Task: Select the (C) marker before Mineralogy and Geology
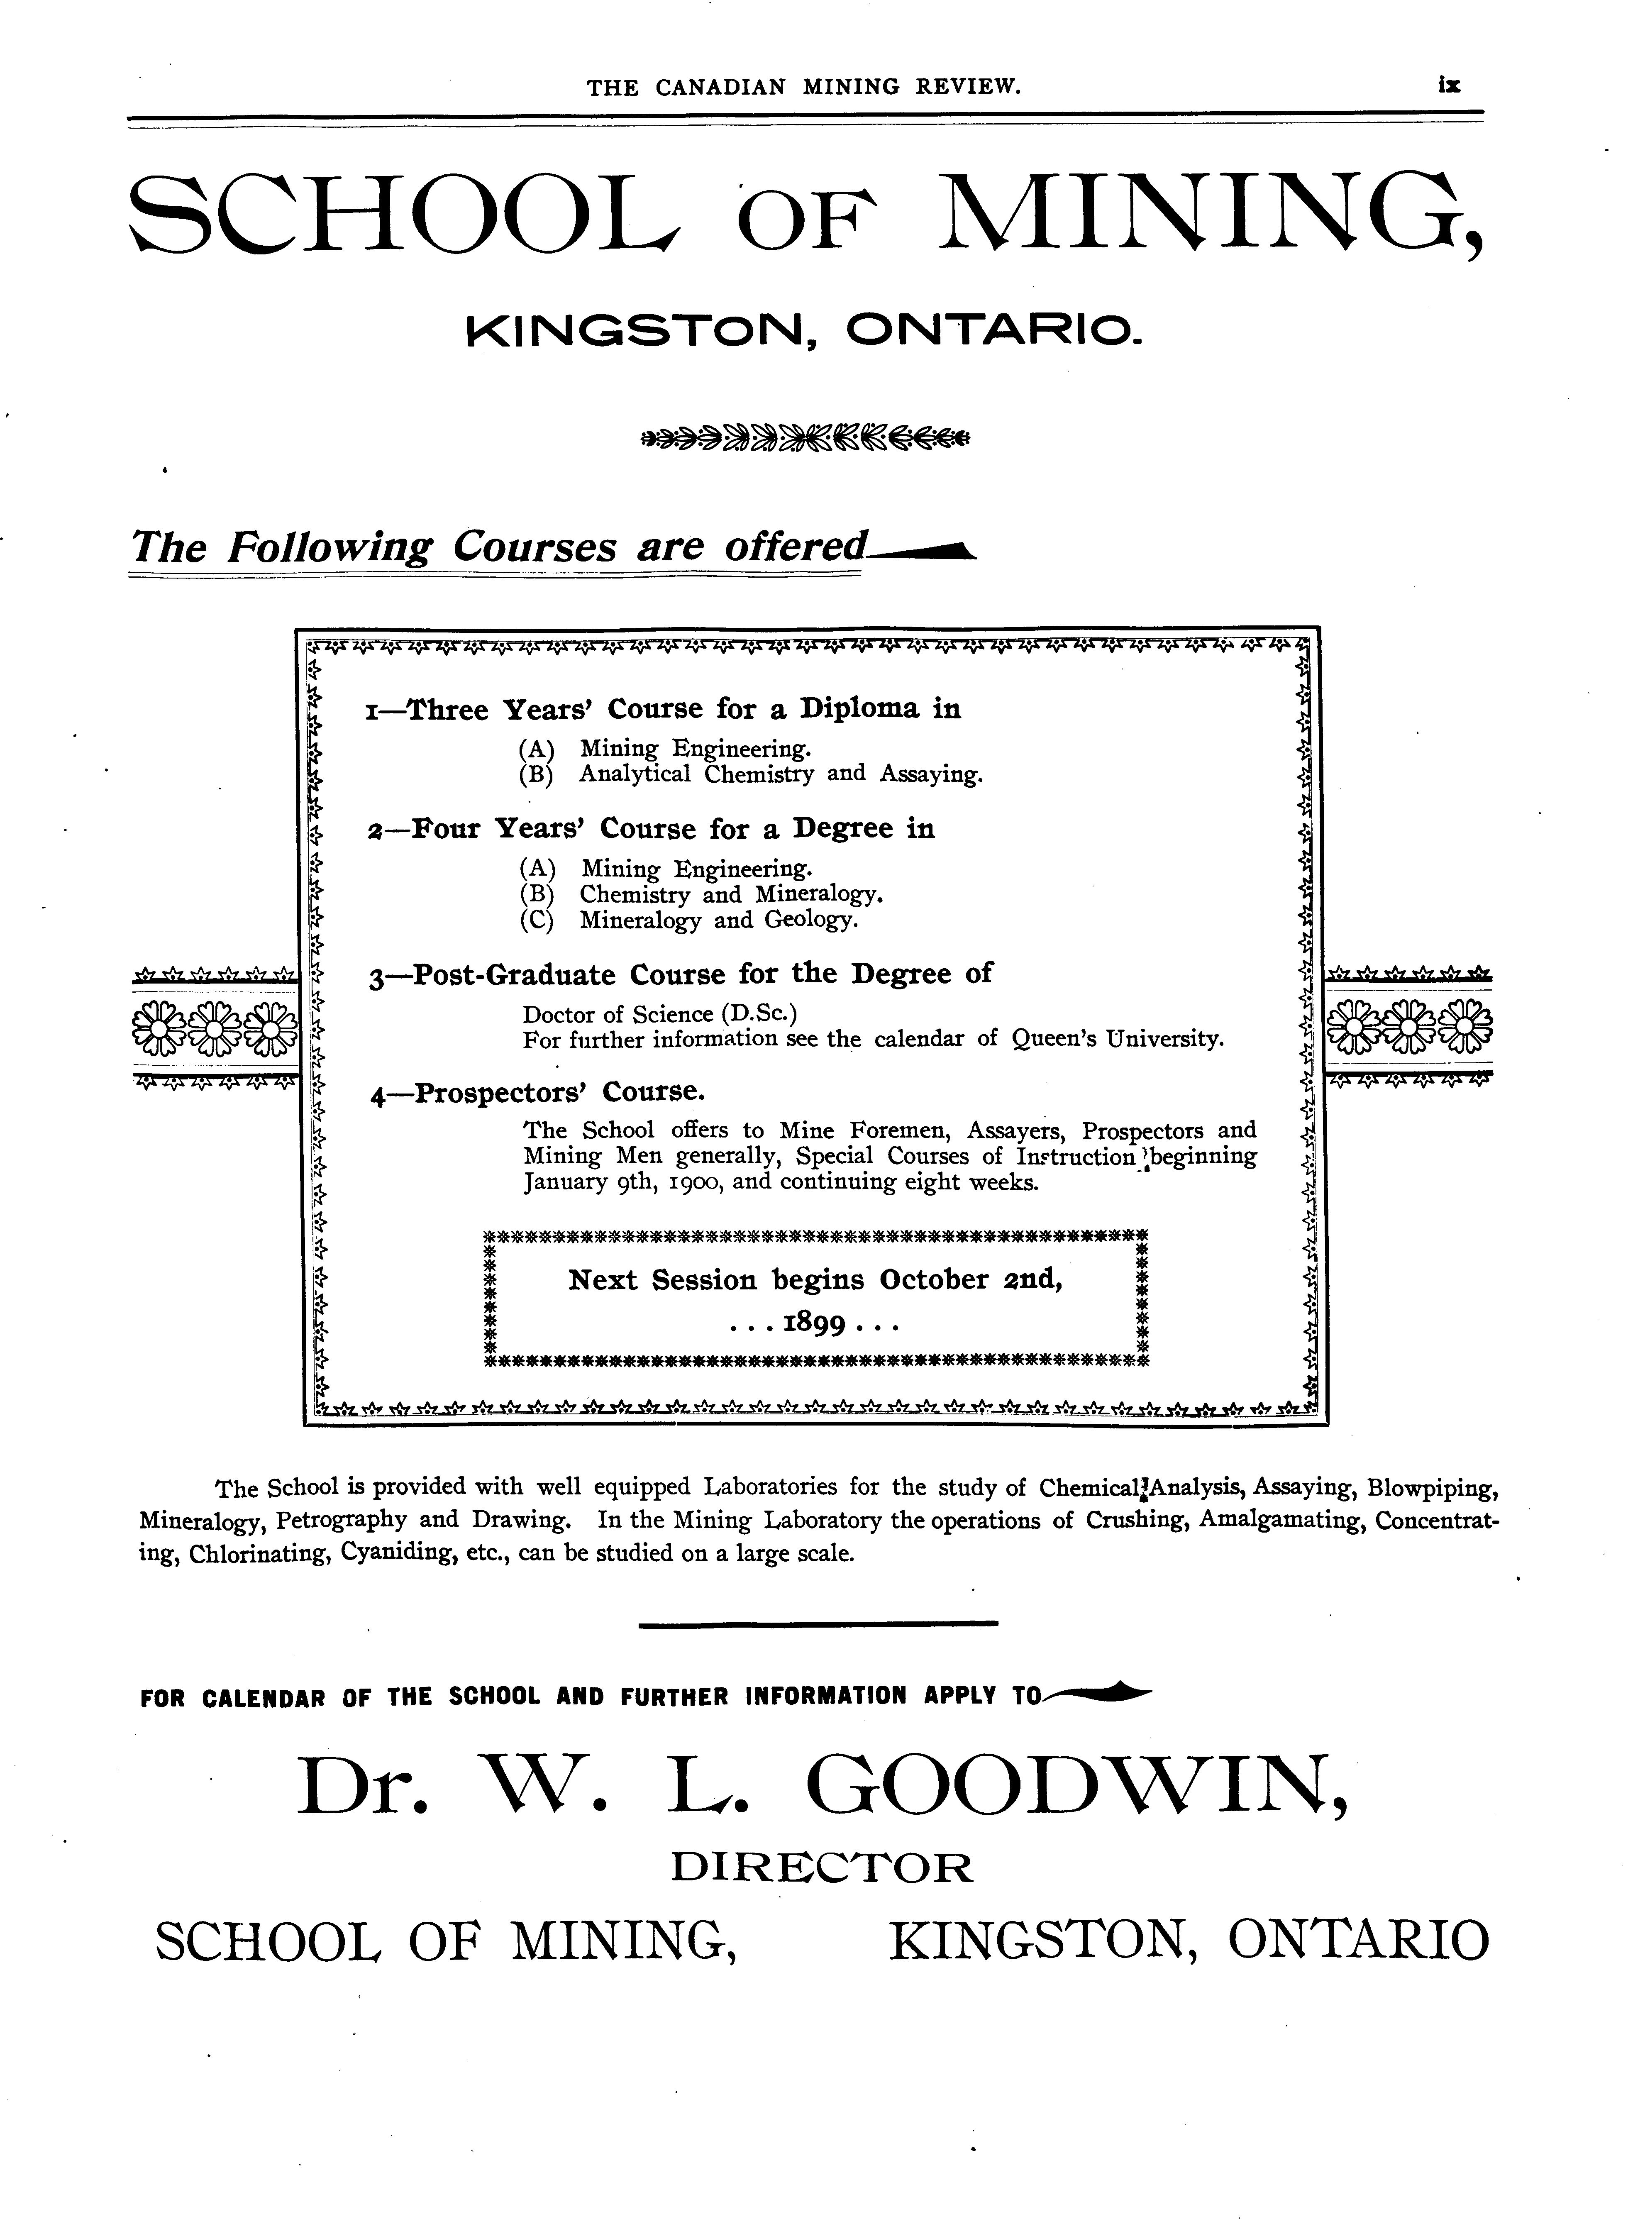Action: [537, 920]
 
